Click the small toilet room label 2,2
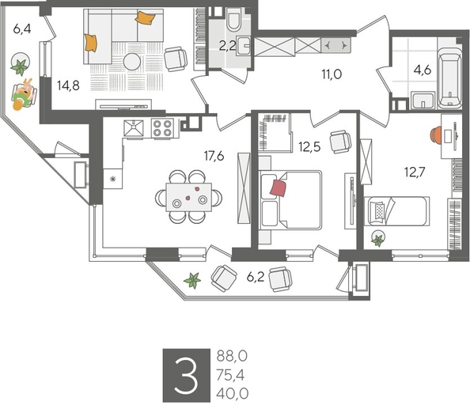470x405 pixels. tap(227, 45)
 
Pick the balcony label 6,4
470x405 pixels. tap(23, 29)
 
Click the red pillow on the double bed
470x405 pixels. tap(278, 187)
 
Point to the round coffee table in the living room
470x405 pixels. tap(131, 62)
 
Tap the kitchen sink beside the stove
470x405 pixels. tap(135, 128)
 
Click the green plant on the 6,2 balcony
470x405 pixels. tap(191, 279)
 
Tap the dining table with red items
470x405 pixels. tap(189, 195)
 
